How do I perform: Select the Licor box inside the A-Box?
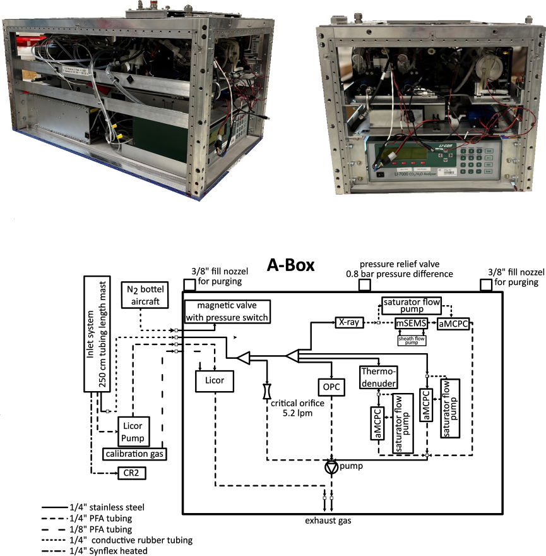(215, 381)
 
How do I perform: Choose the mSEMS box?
(412, 323)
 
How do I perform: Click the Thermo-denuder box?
(378, 378)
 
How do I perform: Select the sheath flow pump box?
(412, 340)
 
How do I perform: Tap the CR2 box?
(133, 472)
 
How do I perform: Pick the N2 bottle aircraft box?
(144, 294)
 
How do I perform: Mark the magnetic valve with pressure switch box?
(227, 311)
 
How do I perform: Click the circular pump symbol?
(331, 466)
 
